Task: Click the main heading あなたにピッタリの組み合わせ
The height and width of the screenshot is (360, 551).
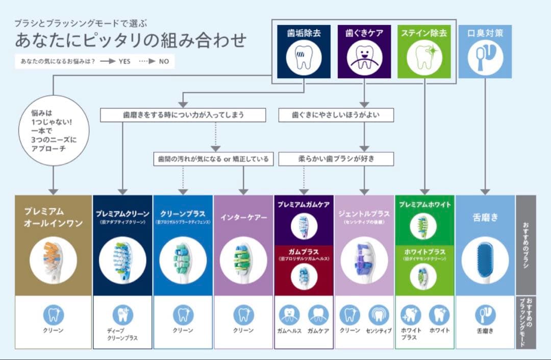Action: (130, 40)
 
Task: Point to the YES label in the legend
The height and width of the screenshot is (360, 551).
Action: (124, 61)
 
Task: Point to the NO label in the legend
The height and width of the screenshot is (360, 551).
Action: (163, 61)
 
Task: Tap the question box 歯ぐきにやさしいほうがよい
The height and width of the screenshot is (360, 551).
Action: (336, 115)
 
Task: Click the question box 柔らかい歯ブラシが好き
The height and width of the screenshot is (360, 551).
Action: (336, 159)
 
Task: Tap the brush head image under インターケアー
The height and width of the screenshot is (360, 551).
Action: (243, 259)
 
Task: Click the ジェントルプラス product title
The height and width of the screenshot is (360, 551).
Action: (364, 213)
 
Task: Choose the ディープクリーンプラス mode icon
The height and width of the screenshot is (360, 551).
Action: (122, 315)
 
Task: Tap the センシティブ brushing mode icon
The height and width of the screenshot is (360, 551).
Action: (379, 315)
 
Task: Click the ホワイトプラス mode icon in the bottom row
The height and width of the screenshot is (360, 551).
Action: (411, 315)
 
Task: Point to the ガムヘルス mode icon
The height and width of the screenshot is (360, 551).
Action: (290, 315)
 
